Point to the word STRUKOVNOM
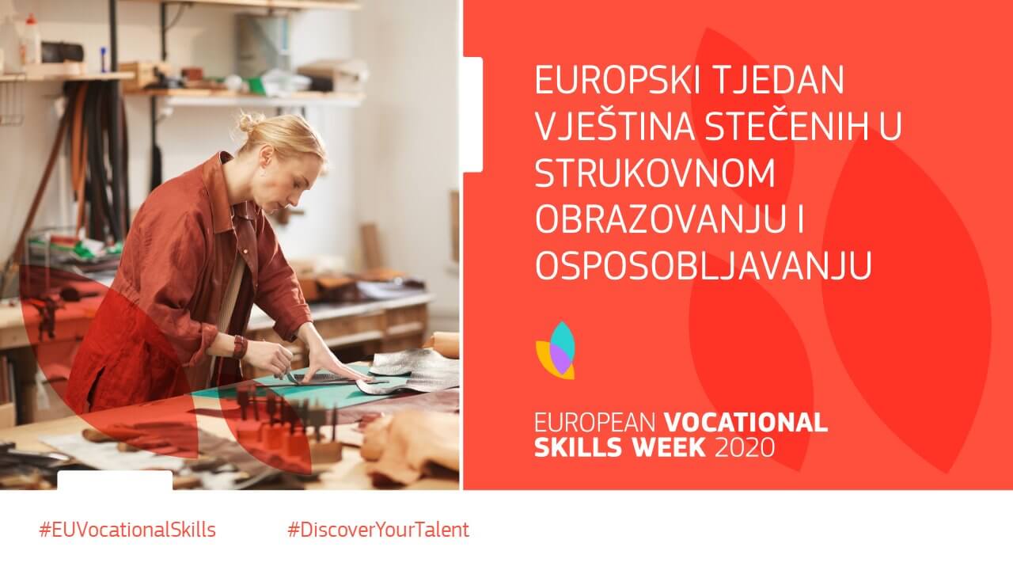click(x=654, y=173)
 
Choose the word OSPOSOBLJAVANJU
click(x=704, y=266)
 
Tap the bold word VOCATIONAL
click(x=746, y=422)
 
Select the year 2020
click(x=746, y=447)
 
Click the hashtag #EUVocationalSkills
click(x=127, y=530)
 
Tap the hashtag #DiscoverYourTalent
click(x=378, y=530)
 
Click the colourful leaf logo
click(x=556, y=351)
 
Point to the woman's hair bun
click(x=249, y=122)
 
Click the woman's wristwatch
click(x=240, y=347)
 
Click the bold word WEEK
click(x=669, y=447)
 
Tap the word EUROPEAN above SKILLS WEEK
click(x=594, y=422)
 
